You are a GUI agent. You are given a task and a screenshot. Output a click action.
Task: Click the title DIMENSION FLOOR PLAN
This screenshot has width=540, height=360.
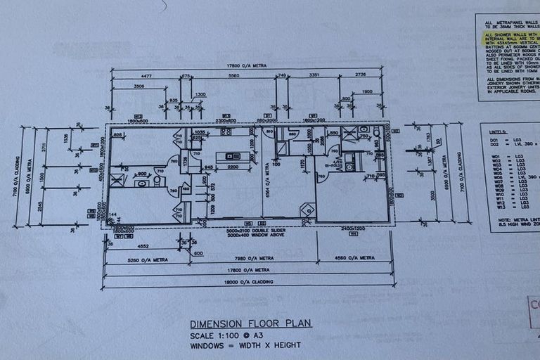(251, 323)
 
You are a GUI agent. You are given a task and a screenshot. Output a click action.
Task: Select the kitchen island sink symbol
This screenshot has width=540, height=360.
(228, 155)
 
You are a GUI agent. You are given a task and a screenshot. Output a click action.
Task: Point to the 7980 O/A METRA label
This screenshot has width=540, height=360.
(251, 259)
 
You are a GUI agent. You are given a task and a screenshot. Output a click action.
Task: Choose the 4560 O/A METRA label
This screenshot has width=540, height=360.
(352, 259)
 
